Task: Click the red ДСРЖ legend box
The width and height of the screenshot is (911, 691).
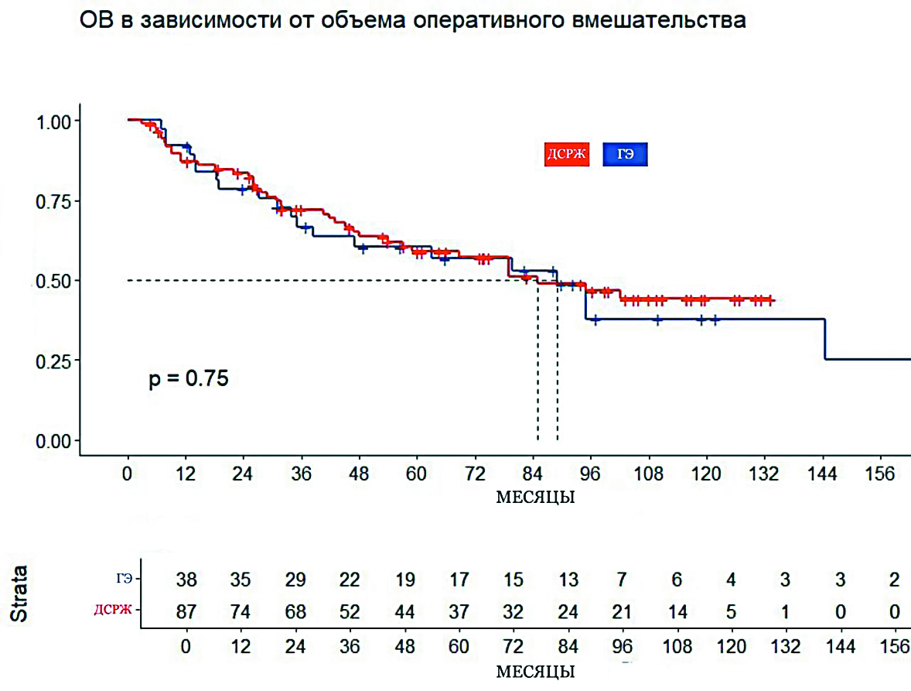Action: tap(568, 155)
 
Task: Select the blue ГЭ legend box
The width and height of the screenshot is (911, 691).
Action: tap(625, 155)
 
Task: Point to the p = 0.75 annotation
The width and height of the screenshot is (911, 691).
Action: tap(189, 379)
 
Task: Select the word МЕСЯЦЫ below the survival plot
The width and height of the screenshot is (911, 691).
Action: tap(534, 497)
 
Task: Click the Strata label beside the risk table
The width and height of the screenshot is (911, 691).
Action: tap(19, 594)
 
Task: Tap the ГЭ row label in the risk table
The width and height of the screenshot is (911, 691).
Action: tap(124, 578)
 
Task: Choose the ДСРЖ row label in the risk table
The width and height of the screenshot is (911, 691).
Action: tap(114, 610)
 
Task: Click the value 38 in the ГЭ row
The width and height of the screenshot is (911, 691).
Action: tap(186, 580)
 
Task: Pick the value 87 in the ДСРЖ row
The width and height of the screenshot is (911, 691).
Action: tap(186, 611)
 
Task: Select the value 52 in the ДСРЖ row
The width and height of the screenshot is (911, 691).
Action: tap(350, 611)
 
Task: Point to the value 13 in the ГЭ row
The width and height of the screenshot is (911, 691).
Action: tap(568, 580)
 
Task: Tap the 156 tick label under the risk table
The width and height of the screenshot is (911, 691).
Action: tap(894, 646)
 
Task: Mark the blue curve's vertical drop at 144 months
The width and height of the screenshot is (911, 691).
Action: tap(826, 339)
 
